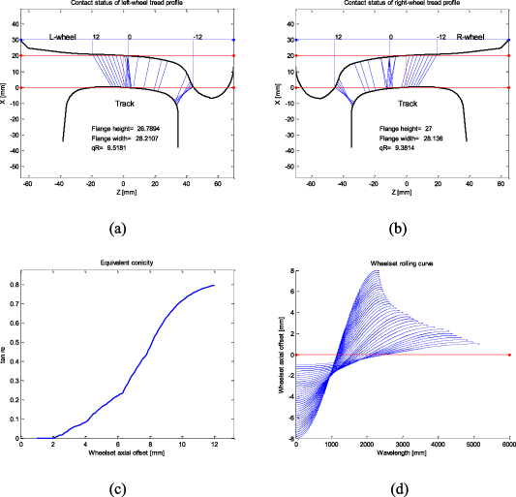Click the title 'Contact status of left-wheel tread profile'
128,5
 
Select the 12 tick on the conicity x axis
214,444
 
